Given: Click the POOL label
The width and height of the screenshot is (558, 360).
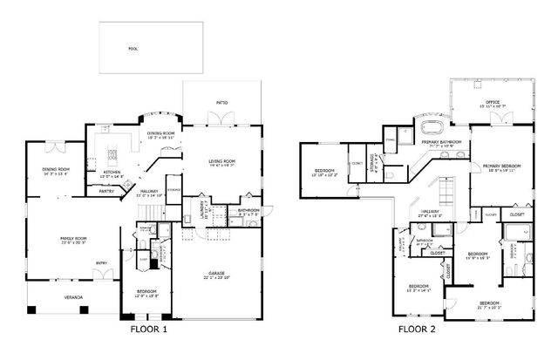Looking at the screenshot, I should [x=133, y=49].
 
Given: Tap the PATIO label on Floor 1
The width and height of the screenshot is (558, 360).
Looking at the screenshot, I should [x=221, y=104].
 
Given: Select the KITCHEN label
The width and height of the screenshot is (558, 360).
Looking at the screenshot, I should [x=112, y=172].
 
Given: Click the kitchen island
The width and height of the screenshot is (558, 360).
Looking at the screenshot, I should [x=112, y=156].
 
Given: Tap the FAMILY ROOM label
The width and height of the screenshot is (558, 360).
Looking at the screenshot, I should [x=73, y=239].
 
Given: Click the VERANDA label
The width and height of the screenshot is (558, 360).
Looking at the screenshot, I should [x=73, y=298].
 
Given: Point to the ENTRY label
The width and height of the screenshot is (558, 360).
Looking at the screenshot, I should [x=102, y=262].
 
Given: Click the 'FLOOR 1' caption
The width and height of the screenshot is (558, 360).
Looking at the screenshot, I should [x=148, y=330].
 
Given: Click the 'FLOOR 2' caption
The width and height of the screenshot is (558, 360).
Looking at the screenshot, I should [x=417, y=330].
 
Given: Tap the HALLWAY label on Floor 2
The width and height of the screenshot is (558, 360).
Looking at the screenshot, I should [x=431, y=212].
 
